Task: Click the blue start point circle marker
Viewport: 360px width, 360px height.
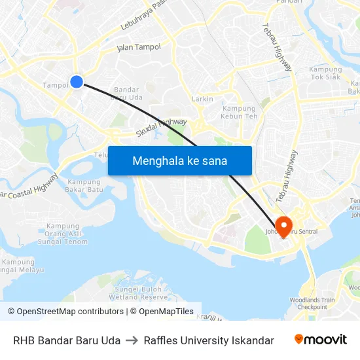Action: [77, 82]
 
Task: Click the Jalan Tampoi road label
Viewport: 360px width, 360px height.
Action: [138, 47]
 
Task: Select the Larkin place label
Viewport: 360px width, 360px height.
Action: [202, 99]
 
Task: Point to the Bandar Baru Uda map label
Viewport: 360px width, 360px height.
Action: [127, 94]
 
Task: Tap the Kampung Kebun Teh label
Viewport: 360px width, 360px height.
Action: [240, 113]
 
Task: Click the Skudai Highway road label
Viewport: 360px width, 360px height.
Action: [161, 127]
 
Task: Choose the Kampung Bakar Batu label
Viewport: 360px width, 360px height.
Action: [85, 186]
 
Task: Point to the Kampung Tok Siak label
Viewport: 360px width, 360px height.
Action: [325, 74]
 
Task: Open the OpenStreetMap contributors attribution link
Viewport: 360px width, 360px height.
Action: [65, 312]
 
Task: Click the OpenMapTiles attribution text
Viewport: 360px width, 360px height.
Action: [164, 312]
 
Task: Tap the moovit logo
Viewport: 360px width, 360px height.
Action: [321, 339]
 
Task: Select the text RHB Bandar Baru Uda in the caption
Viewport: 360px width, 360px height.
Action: [67, 340]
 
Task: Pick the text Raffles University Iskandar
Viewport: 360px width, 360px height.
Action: [209, 340]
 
